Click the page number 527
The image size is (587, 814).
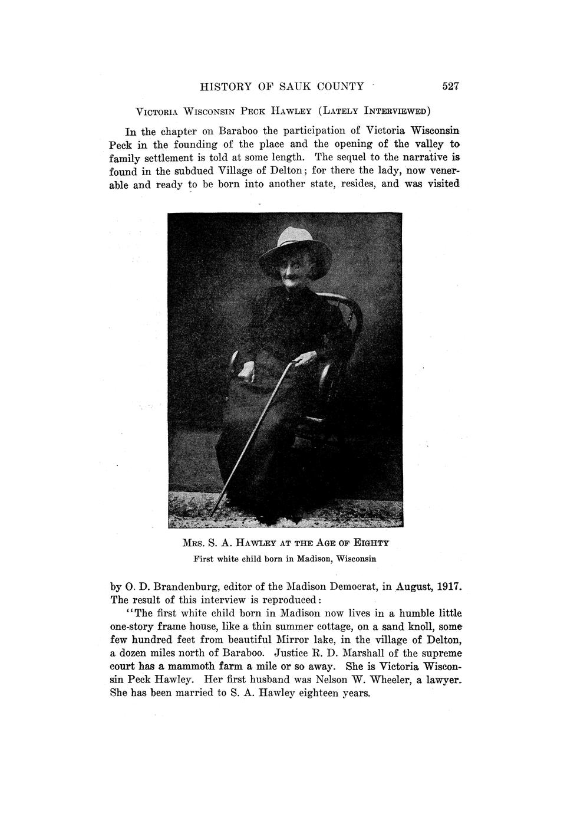pyautogui.click(x=450, y=86)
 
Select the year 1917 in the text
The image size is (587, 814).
pyautogui.click(x=447, y=588)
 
